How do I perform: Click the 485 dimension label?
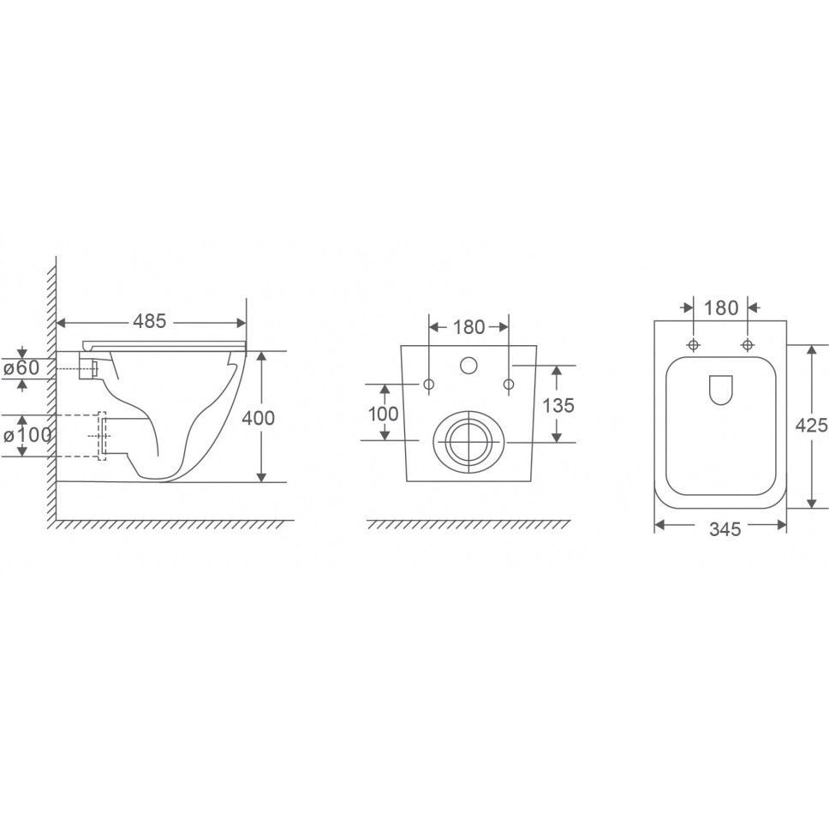pyautogui.click(x=150, y=321)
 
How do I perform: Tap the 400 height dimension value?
pyautogui.click(x=258, y=418)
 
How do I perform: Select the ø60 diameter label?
pyautogui.click(x=21, y=367)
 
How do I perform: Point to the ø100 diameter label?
pyautogui.click(x=27, y=435)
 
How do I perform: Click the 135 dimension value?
pyautogui.click(x=558, y=406)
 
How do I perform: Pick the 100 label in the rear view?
pyautogui.click(x=384, y=414)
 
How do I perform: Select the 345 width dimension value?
pyautogui.click(x=725, y=528)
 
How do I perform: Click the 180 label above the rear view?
pyautogui.click(x=469, y=327)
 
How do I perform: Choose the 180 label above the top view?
pyautogui.click(x=722, y=307)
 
